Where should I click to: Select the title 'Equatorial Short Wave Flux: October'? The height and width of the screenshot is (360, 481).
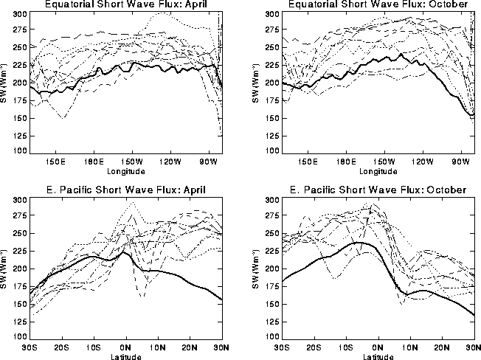[x=376, y=4]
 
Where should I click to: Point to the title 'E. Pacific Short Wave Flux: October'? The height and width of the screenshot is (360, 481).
[x=376, y=190]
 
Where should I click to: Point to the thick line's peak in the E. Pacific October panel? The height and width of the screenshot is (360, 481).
[x=359, y=242]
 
